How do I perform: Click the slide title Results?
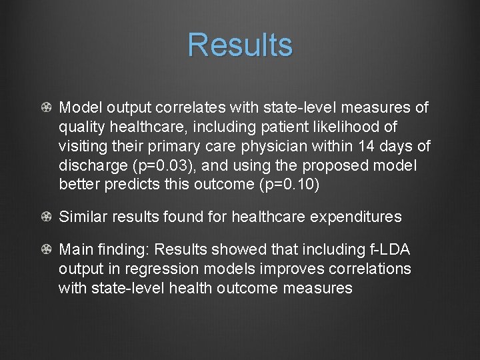click(240, 45)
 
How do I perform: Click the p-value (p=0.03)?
click(173, 165)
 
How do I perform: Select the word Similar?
click(83, 217)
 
